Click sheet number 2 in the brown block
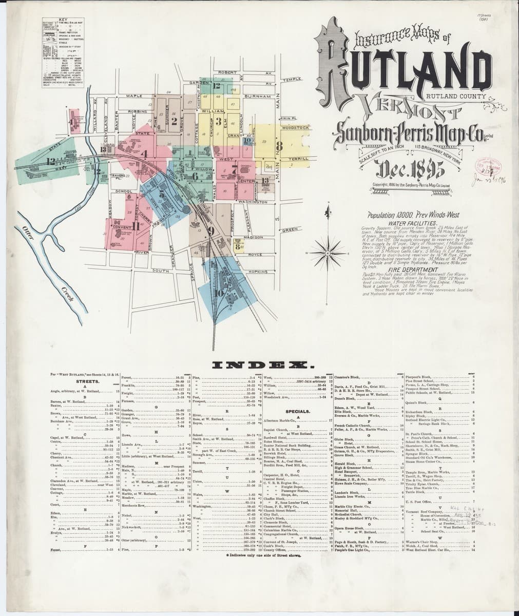(x=175, y=122)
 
